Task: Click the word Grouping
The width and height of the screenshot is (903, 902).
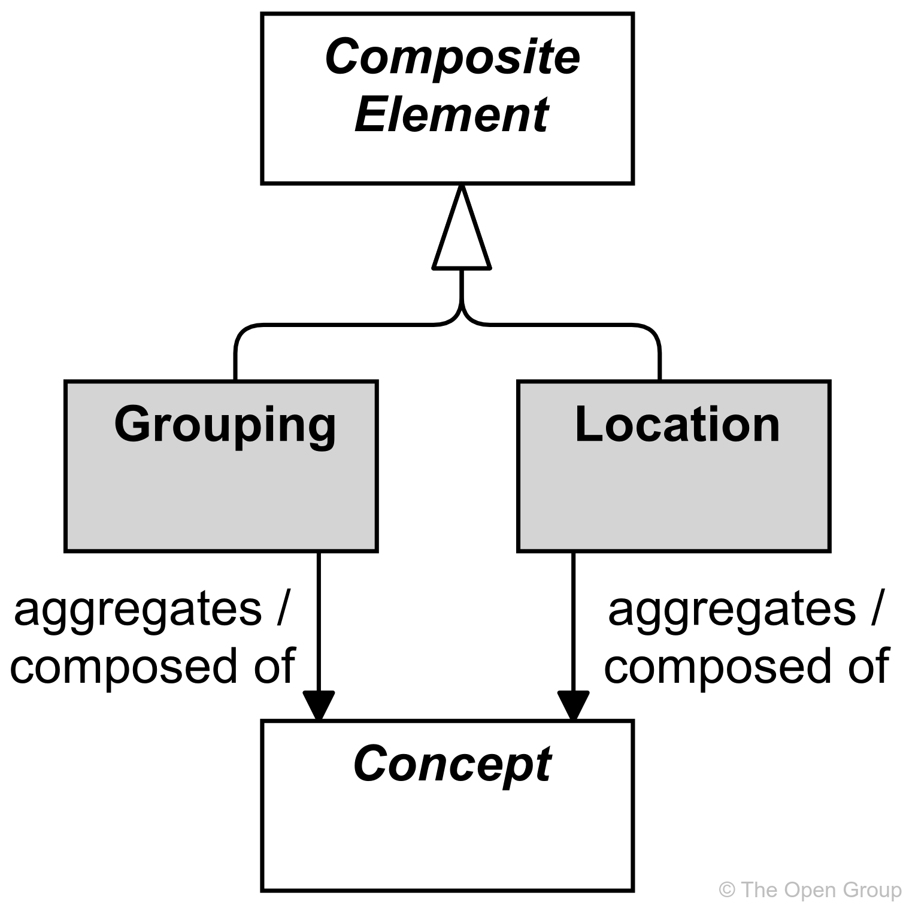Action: tap(225, 425)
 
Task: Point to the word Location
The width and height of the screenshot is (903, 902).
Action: tap(677, 425)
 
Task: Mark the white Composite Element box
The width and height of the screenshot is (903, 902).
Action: tap(447, 156)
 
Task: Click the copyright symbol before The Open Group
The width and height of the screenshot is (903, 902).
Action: tap(727, 889)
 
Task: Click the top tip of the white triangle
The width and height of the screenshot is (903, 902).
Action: tap(461, 193)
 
